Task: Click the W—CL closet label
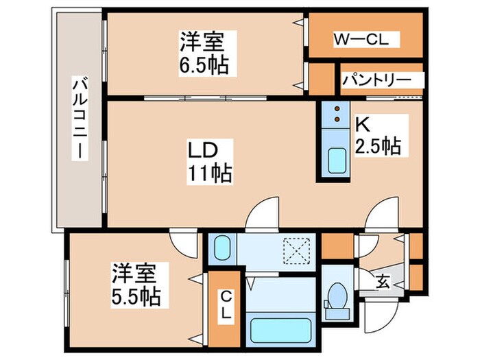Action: point(361,39)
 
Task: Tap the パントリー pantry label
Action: point(376,80)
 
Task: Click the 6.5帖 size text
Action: point(202,67)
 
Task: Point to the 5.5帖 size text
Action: point(136,296)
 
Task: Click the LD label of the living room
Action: point(204,149)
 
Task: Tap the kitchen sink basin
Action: point(336,163)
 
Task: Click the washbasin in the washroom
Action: point(222,248)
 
